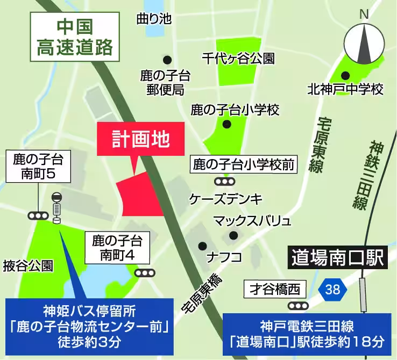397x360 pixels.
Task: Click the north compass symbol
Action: coord(365,42)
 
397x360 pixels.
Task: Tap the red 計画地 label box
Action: coord(141,139)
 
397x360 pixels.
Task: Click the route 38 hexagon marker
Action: coord(332,290)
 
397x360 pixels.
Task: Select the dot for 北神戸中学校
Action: coord(345,76)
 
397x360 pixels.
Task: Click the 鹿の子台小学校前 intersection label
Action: coord(244,163)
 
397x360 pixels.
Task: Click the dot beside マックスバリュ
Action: coord(233,235)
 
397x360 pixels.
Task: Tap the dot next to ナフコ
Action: coord(202,246)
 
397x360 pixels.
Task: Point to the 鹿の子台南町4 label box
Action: coord(117,247)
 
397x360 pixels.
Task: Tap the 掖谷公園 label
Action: coord(28,264)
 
